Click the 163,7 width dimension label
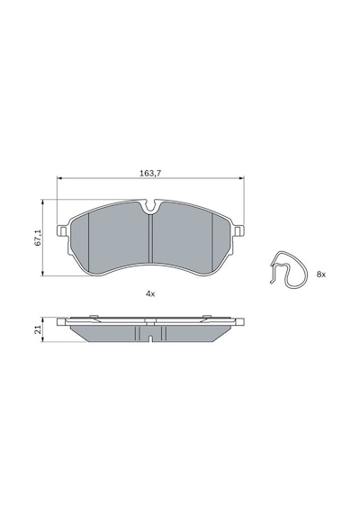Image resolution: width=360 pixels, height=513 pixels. pyautogui.click(x=150, y=174)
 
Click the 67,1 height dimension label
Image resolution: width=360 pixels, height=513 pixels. pyautogui.click(x=38, y=238)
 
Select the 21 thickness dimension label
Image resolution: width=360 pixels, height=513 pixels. pyautogui.click(x=38, y=329)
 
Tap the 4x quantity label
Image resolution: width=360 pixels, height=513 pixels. pyautogui.click(x=150, y=293)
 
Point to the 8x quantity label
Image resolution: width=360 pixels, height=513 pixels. pyautogui.click(x=321, y=274)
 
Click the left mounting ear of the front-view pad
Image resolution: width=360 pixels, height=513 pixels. pyautogui.click(x=63, y=230)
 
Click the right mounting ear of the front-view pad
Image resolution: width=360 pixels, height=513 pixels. pyautogui.click(x=238, y=230)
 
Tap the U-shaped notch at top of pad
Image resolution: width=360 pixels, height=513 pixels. pyautogui.click(x=151, y=205)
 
